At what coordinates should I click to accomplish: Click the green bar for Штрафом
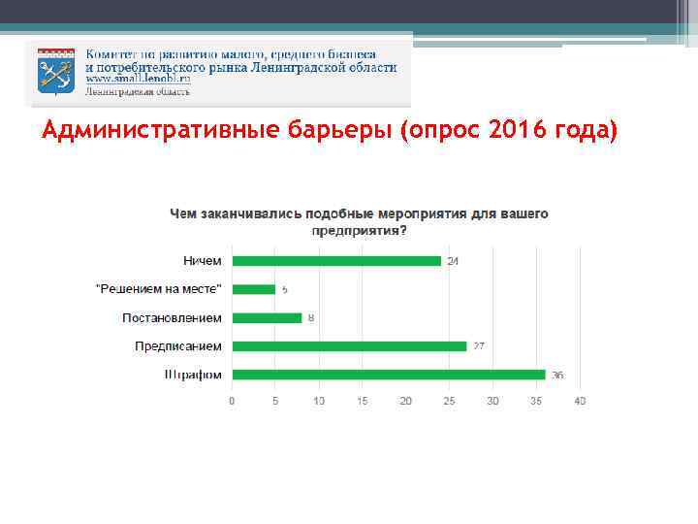388,375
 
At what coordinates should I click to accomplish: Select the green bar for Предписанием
349,346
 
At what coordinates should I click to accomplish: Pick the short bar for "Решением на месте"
253,289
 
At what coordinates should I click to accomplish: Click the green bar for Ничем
335,261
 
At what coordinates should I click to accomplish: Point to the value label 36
557,376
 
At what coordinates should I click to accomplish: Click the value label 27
478,346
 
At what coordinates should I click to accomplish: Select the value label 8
311,318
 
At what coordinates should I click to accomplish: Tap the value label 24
453,261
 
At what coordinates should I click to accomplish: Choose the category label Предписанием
177,346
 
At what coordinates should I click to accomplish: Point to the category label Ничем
202,261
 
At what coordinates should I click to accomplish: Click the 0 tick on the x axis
231,401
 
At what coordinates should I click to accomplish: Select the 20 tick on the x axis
405,401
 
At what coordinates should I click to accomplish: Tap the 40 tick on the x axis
580,401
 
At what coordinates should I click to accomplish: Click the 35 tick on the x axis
536,401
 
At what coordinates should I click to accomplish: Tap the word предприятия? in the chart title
359,231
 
